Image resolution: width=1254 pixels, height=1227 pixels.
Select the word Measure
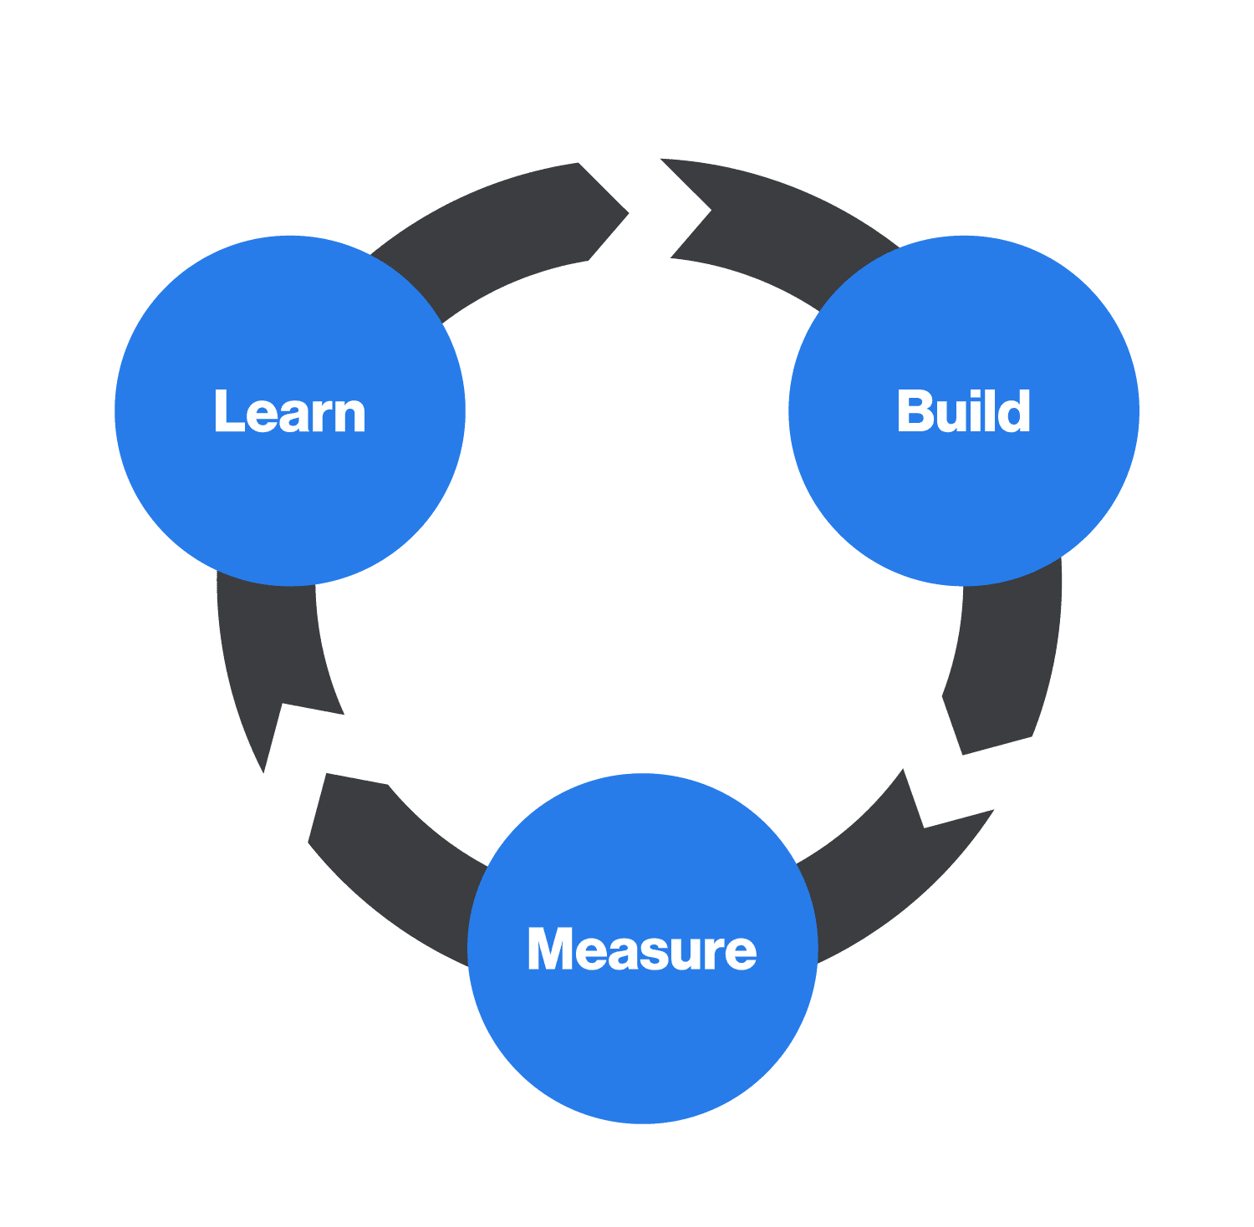[642, 949]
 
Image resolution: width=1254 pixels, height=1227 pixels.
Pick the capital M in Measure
[552, 949]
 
